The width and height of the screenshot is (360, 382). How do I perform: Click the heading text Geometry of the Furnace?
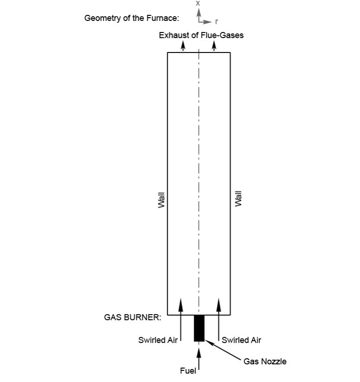(131, 18)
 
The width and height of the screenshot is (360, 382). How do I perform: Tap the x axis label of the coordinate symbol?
(198, 3)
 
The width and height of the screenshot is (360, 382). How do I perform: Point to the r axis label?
(216, 22)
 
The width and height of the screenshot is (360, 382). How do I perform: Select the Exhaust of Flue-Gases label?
(201, 35)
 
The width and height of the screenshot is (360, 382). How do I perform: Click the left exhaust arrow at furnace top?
(183, 46)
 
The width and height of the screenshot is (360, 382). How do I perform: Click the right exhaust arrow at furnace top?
(214, 46)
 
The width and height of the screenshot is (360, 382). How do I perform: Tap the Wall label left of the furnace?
(162, 200)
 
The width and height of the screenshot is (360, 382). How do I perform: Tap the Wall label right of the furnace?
(238, 199)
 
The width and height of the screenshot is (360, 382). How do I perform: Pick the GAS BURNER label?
(132, 317)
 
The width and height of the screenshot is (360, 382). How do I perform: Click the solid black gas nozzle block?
(199, 328)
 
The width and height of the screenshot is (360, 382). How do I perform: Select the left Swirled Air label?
(158, 340)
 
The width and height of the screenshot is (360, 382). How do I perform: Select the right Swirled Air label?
(241, 340)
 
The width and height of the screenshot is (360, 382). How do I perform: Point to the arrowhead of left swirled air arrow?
(181, 304)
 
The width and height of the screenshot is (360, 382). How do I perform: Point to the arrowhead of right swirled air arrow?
(219, 304)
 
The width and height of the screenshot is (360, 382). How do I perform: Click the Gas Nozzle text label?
(265, 361)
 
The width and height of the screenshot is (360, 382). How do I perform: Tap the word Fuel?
(188, 371)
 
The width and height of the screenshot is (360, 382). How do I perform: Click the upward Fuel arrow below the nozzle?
(199, 359)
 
